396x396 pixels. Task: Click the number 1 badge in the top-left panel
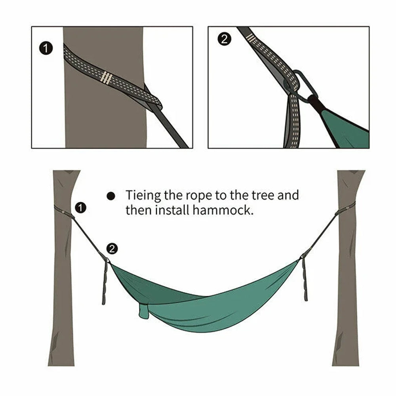tap(46, 48)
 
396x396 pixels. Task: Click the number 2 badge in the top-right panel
tap(224, 39)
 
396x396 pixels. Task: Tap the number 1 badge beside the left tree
tap(80, 208)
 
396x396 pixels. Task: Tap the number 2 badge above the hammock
tap(112, 249)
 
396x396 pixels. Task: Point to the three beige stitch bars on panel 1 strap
tap(106, 78)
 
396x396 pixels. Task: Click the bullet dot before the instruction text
tap(111, 196)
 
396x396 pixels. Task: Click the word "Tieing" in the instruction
tap(143, 196)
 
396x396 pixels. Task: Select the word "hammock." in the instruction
tap(223, 210)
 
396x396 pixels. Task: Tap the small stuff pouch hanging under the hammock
tap(143, 311)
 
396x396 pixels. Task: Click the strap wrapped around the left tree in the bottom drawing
tap(64, 211)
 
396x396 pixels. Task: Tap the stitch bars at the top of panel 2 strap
tap(251, 38)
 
